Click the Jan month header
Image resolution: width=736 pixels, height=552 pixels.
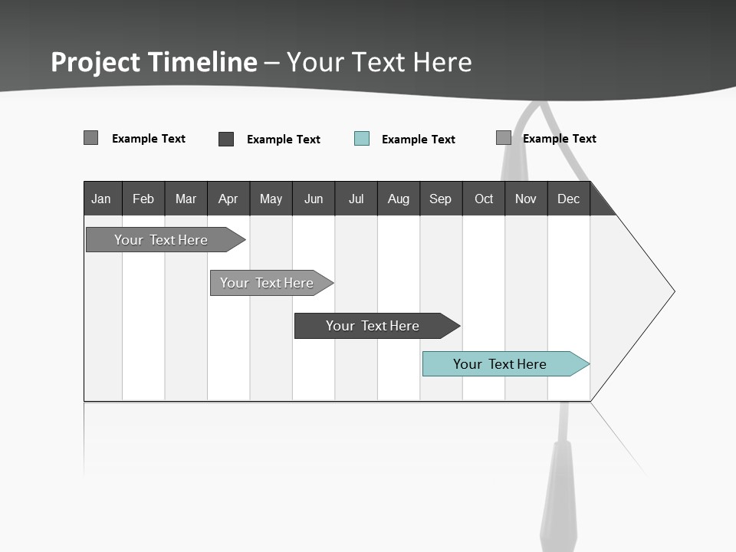(x=102, y=199)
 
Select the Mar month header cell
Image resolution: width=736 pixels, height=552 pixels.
(x=186, y=199)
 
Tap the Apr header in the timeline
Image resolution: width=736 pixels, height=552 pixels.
(x=228, y=199)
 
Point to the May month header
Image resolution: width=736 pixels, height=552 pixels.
(x=271, y=199)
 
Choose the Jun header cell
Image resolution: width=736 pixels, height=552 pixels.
(x=314, y=199)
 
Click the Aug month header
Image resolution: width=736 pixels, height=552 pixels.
(x=399, y=199)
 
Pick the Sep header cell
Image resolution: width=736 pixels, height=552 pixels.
(x=441, y=199)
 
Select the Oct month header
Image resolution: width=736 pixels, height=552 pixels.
(x=484, y=199)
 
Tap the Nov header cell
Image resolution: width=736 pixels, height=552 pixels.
(x=526, y=199)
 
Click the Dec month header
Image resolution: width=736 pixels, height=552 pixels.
(x=569, y=199)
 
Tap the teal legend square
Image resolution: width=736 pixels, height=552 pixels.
(x=362, y=139)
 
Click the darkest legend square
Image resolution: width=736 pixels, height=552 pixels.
(x=226, y=139)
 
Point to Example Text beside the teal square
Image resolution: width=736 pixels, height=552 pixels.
(x=419, y=140)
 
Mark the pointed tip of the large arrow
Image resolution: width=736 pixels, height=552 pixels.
(x=674, y=291)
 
